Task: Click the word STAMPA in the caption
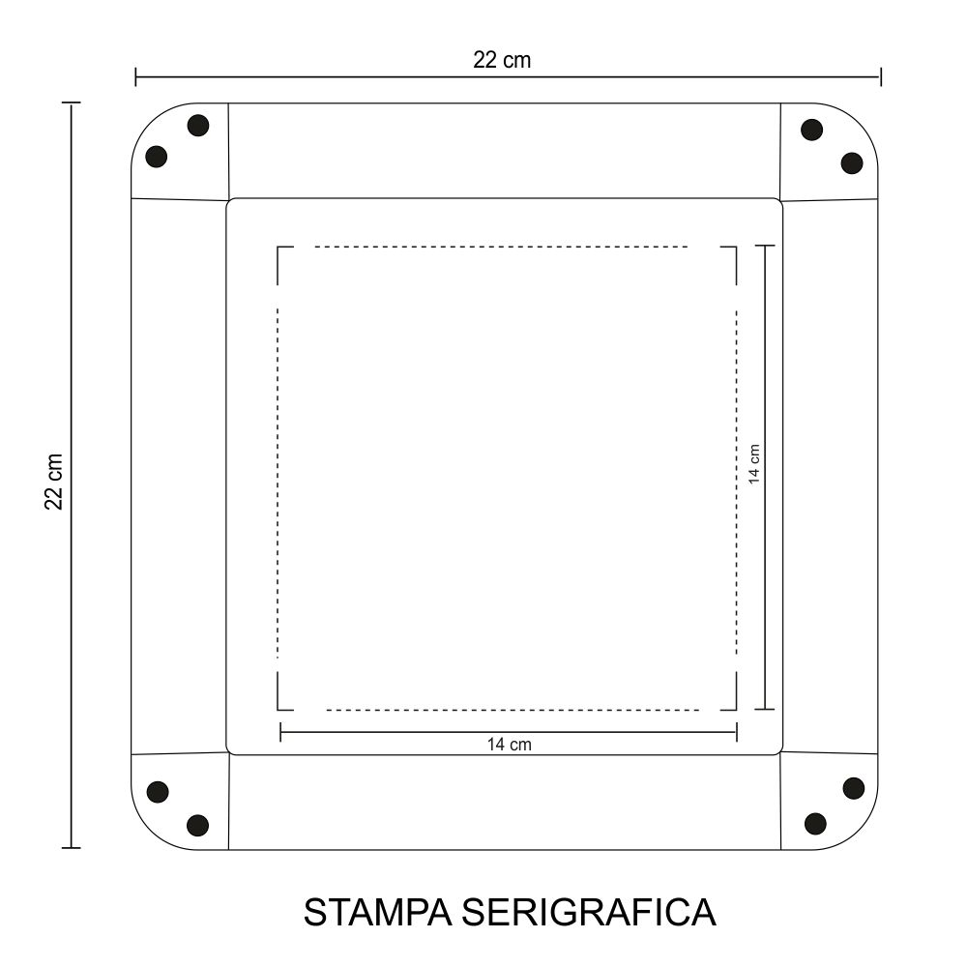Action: (x=377, y=912)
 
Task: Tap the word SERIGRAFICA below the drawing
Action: (x=589, y=912)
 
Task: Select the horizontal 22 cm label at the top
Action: (x=502, y=60)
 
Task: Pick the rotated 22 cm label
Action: (x=54, y=482)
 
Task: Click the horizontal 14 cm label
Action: (x=510, y=745)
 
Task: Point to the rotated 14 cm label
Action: (x=753, y=464)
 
